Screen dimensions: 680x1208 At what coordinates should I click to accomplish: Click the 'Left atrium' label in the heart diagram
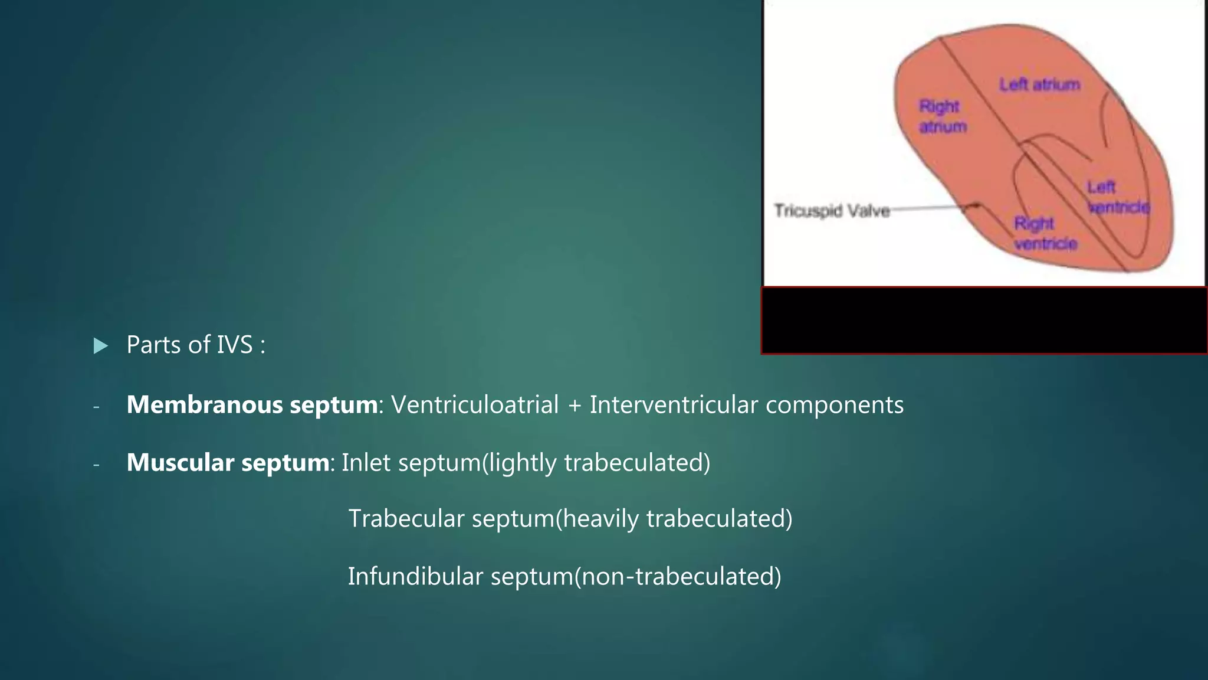click(1039, 85)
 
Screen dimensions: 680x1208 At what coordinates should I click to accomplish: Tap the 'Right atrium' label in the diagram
click(941, 116)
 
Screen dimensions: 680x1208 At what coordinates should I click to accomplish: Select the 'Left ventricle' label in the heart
click(1117, 197)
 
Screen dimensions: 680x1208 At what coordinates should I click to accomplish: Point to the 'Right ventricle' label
click(1045, 233)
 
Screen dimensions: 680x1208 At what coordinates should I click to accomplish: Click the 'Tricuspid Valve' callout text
click(832, 211)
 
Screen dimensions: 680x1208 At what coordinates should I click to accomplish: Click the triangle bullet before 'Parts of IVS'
click(101, 346)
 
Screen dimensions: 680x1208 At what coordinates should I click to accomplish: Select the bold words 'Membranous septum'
click(252, 405)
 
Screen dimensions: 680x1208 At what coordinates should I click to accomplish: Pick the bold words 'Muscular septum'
click(228, 463)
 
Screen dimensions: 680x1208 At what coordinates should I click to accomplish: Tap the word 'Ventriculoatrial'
click(475, 405)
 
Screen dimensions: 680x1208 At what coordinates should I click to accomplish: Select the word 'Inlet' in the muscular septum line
click(366, 463)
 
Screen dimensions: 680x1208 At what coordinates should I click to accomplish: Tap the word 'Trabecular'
click(406, 519)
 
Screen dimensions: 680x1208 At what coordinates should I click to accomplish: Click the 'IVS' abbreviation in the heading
click(234, 345)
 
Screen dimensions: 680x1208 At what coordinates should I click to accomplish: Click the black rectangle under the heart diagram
click(983, 321)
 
